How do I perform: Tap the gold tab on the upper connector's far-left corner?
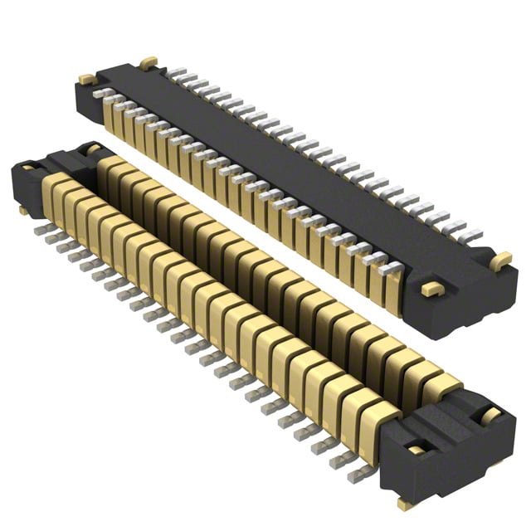click(x=87, y=80)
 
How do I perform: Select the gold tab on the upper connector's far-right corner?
click(x=500, y=261)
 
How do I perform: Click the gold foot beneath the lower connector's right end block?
click(x=405, y=503)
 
